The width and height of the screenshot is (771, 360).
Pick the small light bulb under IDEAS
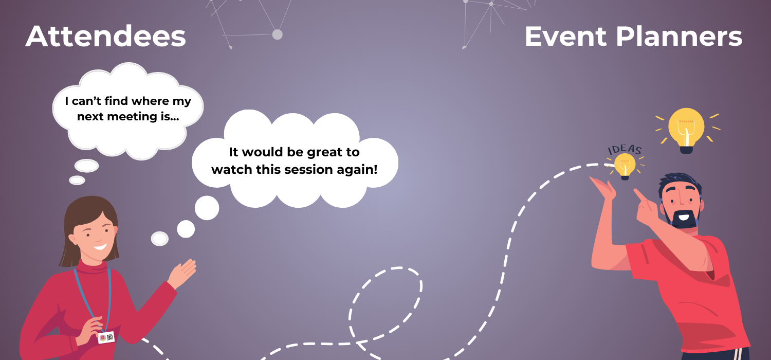pos(625,166)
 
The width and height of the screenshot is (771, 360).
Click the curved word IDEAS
pos(625,150)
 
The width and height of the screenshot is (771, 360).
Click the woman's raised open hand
pos(182,273)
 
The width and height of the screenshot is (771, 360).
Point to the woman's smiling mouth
pos(100,246)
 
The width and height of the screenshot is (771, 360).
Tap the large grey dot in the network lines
pos(277,34)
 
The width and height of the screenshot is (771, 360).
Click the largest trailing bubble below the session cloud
pos(207,208)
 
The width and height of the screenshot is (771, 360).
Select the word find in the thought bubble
pos(115,101)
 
